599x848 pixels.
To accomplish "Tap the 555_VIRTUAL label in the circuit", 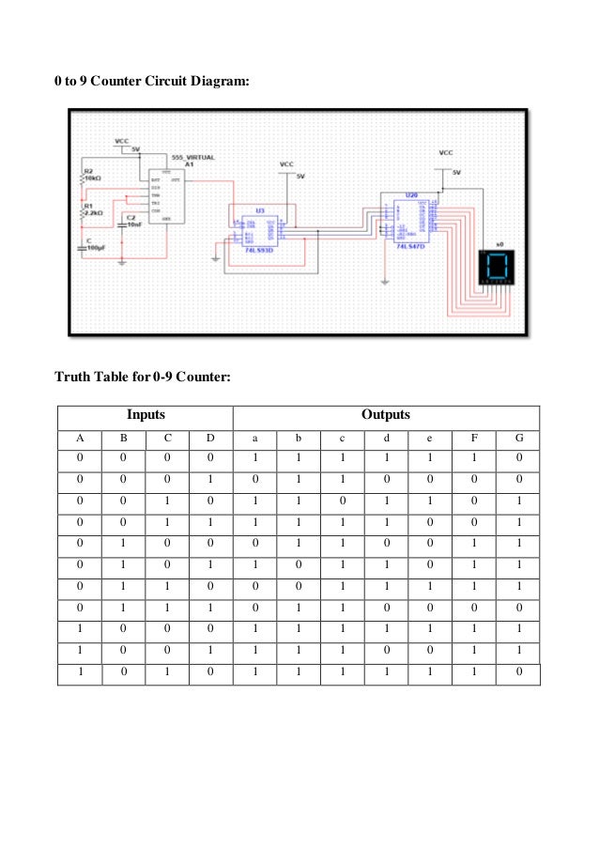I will pyautogui.click(x=193, y=157).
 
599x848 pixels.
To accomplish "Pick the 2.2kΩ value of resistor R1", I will pyautogui.click(x=93, y=212).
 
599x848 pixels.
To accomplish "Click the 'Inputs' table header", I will pyautogui.click(x=146, y=415).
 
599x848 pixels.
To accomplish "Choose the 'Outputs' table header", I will pyautogui.click(x=386, y=415).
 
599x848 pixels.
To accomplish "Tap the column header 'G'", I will pyautogui.click(x=517, y=438).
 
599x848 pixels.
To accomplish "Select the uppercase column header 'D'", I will pyautogui.click(x=210, y=438).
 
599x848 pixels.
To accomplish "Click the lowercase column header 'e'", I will pyautogui.click(x=429, y=438).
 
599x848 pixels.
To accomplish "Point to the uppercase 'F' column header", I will pyautogui.click(x=473, y=438).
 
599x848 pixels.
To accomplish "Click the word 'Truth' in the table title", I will pyautogui.click(x=72, y=378).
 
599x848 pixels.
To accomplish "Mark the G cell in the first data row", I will pyautogui.click(x=517, y=459).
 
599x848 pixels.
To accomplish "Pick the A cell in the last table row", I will pyautogui.click(x=80, y=673).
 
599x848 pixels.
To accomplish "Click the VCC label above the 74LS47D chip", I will pyautogui.click(x=446, y=152).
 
